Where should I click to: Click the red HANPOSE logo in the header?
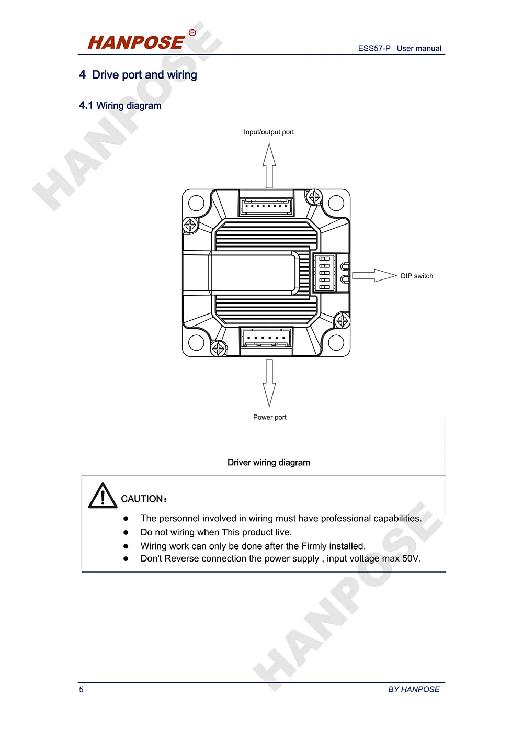136,42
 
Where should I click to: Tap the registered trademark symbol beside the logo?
192,32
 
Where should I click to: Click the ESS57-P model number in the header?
374,48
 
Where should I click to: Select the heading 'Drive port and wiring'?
144,75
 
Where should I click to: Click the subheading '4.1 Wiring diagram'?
120,106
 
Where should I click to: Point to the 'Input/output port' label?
269,132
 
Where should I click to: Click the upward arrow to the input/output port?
269,165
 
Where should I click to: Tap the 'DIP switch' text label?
417,276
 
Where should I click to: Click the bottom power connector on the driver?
266,339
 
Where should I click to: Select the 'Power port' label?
270,418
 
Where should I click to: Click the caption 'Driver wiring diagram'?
269,463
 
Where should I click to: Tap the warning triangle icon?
103,496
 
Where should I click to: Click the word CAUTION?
142,499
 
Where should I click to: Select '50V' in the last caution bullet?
411,559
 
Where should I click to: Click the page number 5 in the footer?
81,690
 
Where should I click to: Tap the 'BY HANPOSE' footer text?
414,690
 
